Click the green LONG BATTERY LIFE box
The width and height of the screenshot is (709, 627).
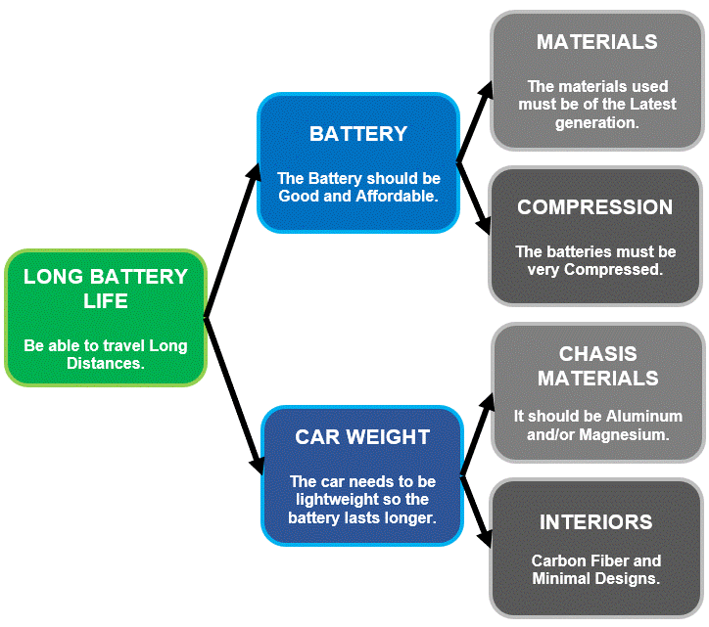click(x=106, y=317)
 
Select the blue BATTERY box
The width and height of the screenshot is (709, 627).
click(x=358, y=162)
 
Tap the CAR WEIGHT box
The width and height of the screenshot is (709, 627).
click(x=362, y=475)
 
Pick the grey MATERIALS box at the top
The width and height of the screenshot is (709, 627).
click(x=597, y=80)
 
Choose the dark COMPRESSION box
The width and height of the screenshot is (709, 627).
click(x=595, y=236)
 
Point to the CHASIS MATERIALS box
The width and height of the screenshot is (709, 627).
click(x=597, y=392)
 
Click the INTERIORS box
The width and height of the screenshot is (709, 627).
click(x=595, y=548)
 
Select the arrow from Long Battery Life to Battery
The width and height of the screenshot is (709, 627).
click(x=232, y=242)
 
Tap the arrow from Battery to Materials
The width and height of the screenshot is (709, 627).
click(x=473, y=123)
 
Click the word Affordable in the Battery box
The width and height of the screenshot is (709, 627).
click(x=397, y=196)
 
